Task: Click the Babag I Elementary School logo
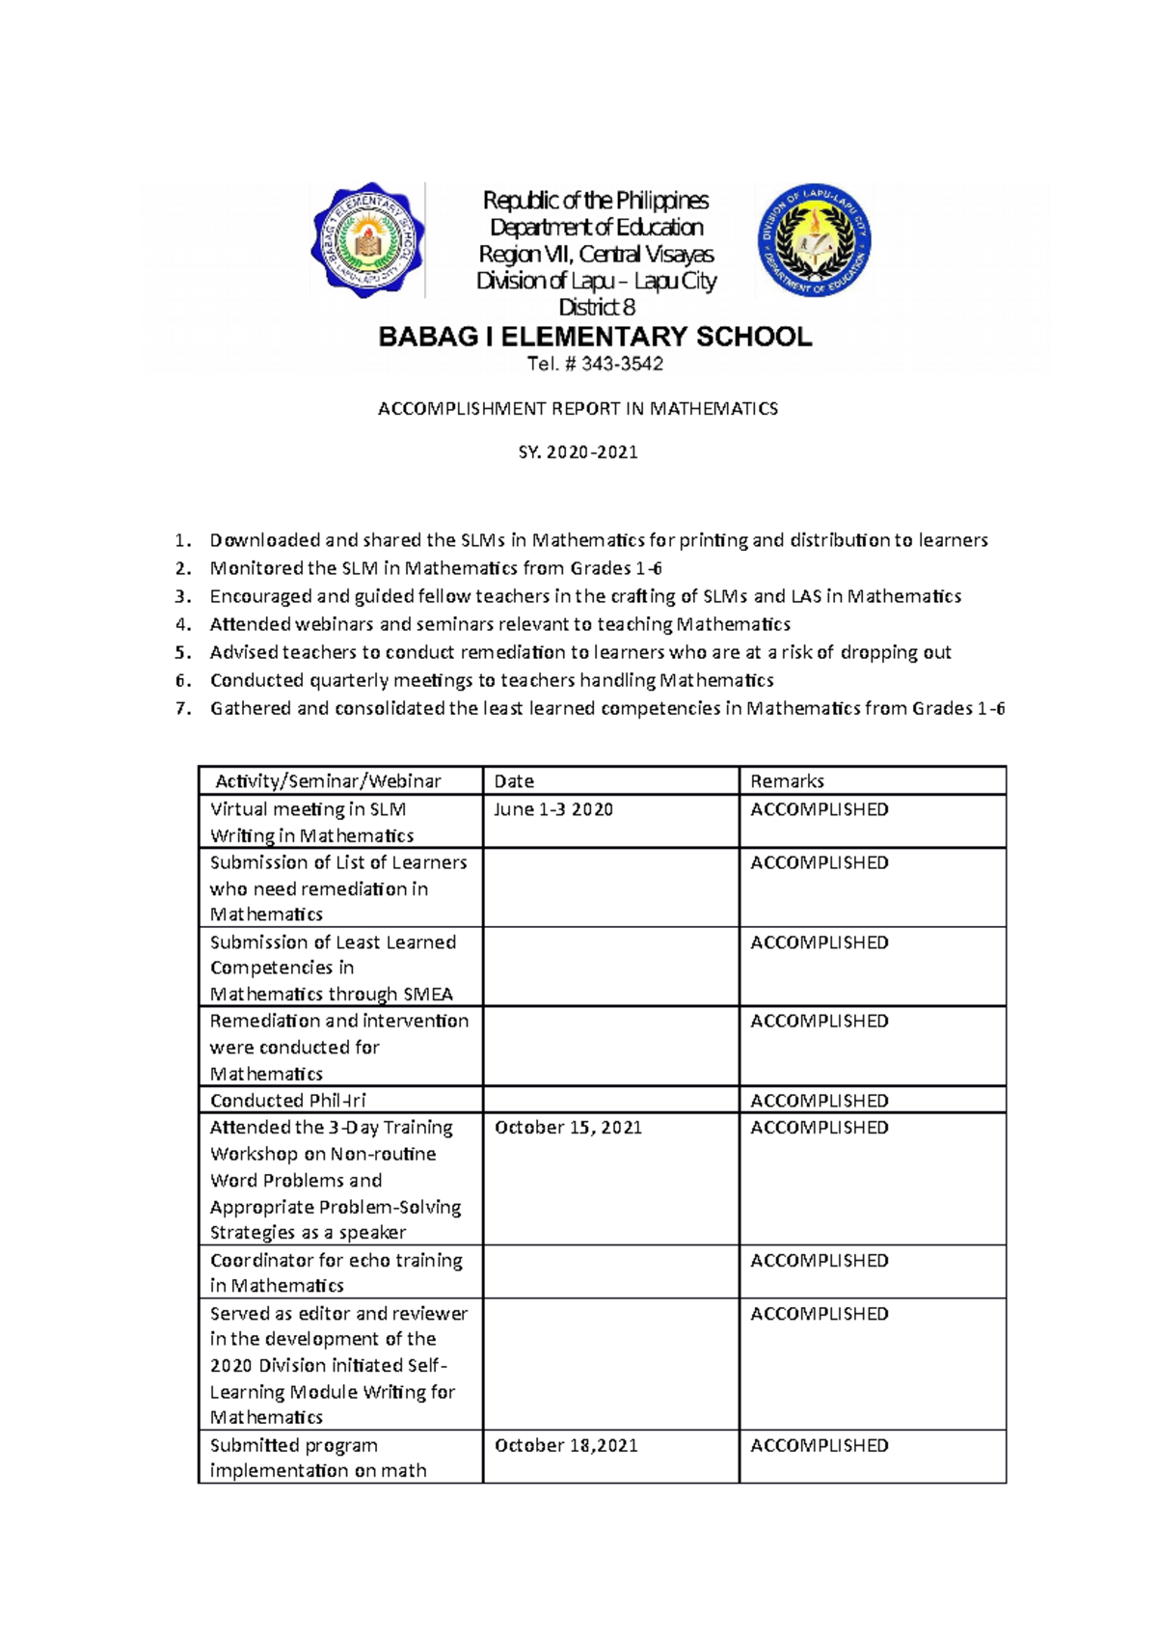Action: pos(368,239)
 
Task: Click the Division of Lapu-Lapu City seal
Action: pos(815,239)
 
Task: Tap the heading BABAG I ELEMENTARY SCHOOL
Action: pos(595,337)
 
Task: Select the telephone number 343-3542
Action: pos(621,364)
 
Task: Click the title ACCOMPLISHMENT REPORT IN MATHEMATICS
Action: pos(578,409)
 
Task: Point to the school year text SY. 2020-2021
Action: pos(578,451)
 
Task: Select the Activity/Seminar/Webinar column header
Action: pos(328,781)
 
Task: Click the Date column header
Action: pos(514,781)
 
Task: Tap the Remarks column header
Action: pos(787,781)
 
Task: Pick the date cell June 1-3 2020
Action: pos(553,809)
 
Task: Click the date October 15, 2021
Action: pos(568,1128)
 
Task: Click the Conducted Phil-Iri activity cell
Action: pos(287,1101)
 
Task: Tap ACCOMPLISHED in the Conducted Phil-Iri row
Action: pos(820,1101)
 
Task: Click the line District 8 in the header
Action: pos(597,308)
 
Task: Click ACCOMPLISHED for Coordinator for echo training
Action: pos(820,1261)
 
